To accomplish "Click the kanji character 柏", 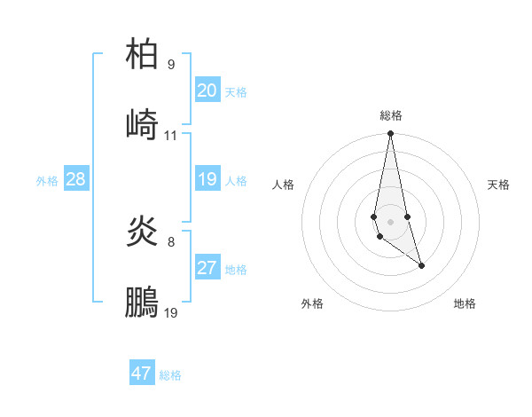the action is click(x=142, y=54).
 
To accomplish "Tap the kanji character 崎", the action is click(x=142, y=124).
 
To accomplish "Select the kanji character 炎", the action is click(x=142, y=232).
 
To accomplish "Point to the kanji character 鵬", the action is click(x=142, y=302).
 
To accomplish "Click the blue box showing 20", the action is click(x=207, y=90).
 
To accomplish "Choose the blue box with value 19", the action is click(x=207, y=179).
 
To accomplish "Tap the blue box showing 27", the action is click(x=207, y=268).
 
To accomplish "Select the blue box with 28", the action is click(x=75, y=179).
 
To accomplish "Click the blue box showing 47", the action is click(x=141, y=374).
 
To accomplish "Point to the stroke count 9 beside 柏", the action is click(x=171, y=65).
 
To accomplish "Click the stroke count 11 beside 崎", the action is click(x=171, y=136).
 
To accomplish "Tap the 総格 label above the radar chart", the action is click(x=391, y=115).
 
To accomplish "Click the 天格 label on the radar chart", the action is click(x=498, y=185).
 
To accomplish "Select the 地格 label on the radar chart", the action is click(x=465, y=303).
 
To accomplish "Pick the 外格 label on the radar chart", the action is click(x=312, y=303).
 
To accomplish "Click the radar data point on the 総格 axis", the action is click(x=390, y=134).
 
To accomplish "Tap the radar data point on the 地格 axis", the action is click(x=421, y=264).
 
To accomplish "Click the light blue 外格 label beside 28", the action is click(x=47, y=180).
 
